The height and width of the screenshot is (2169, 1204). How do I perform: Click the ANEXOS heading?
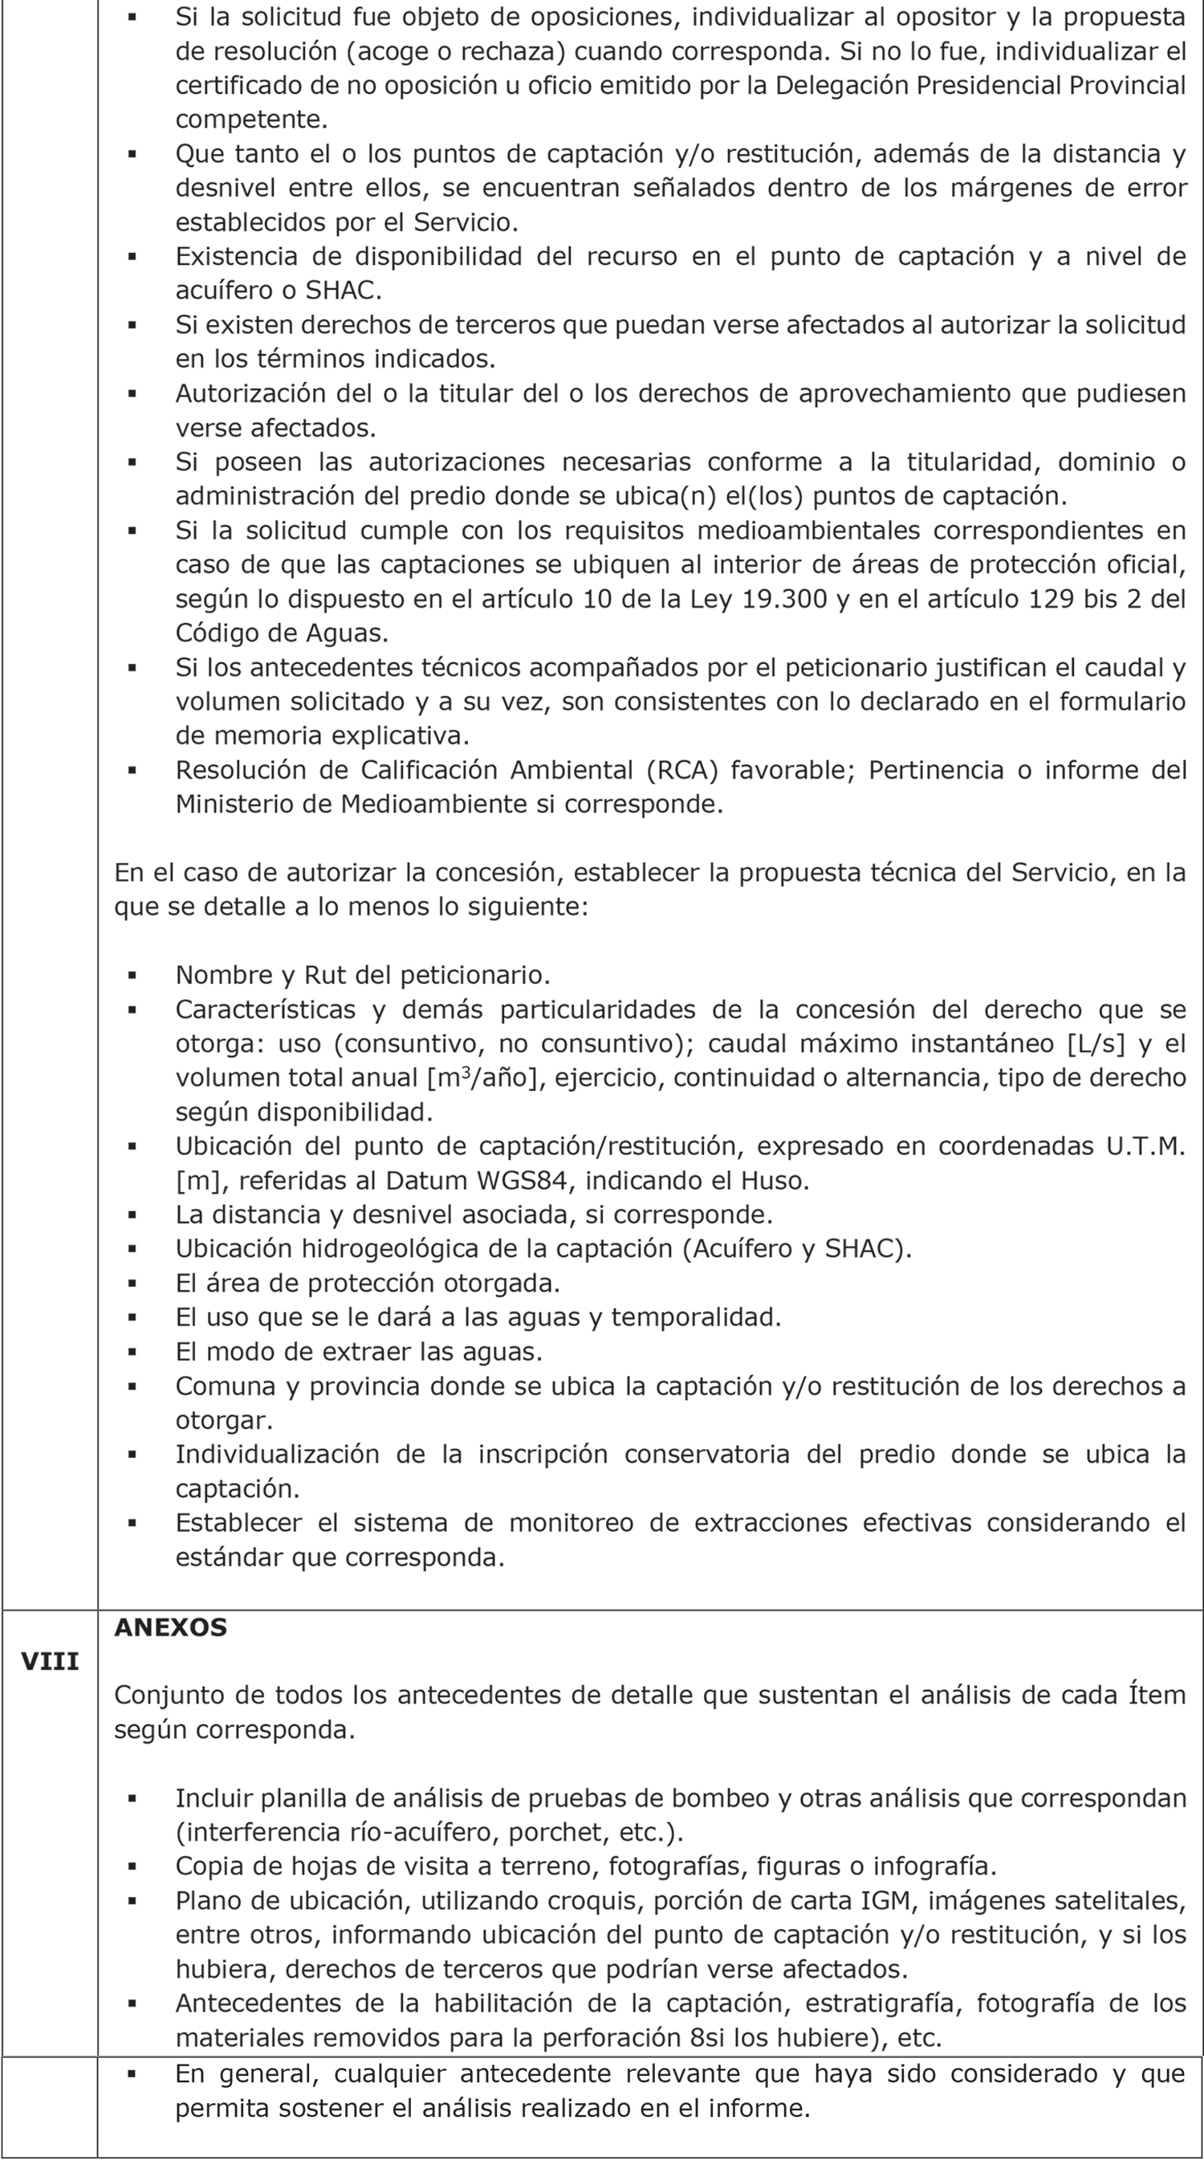(170, 1628)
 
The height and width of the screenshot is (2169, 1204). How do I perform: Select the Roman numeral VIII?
(50, 1662)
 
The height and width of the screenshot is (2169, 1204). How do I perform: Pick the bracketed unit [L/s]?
(1096, 1044)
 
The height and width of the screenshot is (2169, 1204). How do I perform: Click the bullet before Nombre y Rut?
(132, 975)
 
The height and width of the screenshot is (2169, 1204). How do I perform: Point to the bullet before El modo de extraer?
(132, 1353)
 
